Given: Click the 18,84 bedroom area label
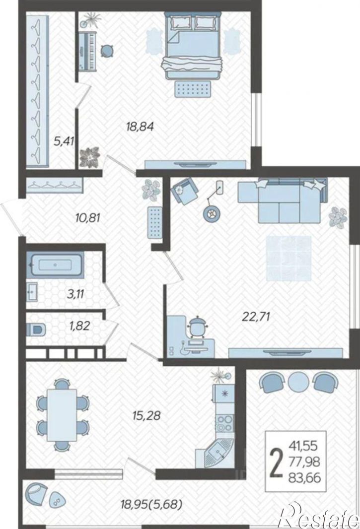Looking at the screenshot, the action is pos(140,127).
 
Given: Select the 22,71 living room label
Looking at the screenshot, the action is pos(256,317).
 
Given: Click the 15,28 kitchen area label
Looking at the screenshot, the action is pos(146,415).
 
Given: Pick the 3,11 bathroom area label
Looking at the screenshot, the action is pos(75,293).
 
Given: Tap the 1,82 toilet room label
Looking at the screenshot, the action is pos(80,326).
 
